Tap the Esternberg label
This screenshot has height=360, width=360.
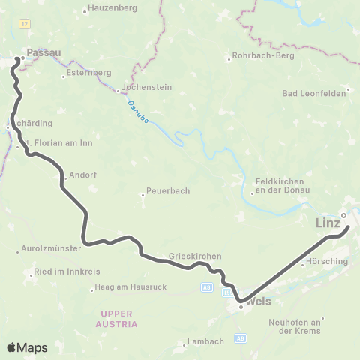point(88,73)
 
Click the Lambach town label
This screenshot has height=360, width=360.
point(207,341)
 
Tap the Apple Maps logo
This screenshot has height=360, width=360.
point(27,347)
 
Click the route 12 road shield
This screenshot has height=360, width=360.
point(25,25)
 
